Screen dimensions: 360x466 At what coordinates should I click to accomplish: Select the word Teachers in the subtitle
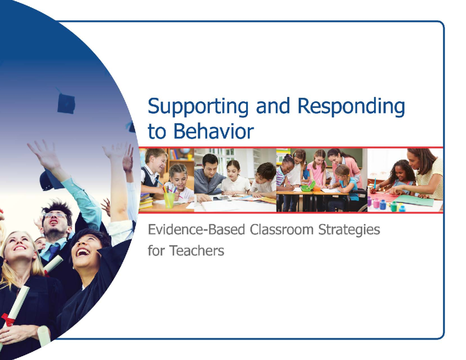196,250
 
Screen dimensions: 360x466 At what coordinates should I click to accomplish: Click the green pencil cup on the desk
169,200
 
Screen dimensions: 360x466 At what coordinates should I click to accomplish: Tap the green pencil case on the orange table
308,188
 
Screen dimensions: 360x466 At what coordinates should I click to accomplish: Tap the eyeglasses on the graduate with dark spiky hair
55,215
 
